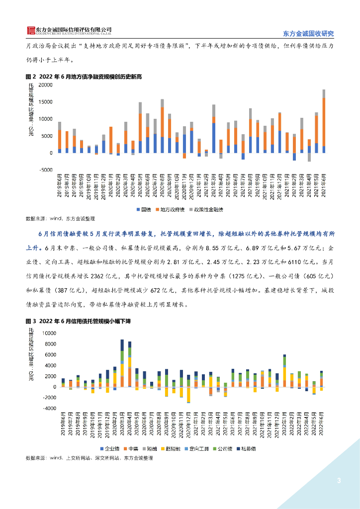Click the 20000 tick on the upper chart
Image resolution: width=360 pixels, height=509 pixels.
pyautogui.click(x=45, y=85)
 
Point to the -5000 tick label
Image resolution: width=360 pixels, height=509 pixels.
pyautogui.click(x=45, y=170)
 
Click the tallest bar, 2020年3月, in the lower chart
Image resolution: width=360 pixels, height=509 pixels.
pyautogui.click(x=122, y=363)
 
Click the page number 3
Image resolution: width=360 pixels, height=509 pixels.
pyautogui.click(x=339, y=480)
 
